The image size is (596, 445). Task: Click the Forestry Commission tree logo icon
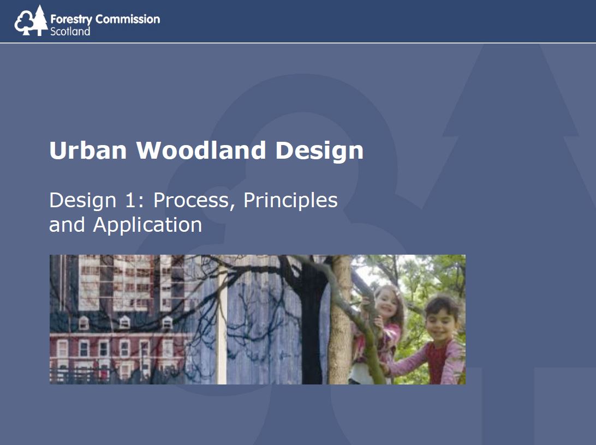(x=31, y=21)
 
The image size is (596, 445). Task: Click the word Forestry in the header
(x=71, y=20)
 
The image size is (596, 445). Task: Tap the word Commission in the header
(x=127, y=19)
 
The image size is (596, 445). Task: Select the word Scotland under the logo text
(x=70, y=31)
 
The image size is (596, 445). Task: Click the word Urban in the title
(x=88, y=150)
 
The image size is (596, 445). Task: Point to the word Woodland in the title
(x=201, y=150)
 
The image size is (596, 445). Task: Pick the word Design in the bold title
(x=319, y=151)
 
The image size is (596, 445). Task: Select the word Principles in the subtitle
(x=290, y=200)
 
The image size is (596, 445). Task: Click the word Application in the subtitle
(x=147, y=225)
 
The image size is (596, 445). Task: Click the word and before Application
(x=67, y=225)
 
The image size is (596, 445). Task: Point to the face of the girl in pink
(x=387, y=303)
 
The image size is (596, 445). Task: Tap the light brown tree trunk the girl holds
(x=340, y=320)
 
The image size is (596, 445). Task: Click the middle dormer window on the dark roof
(x=124, y=322)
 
